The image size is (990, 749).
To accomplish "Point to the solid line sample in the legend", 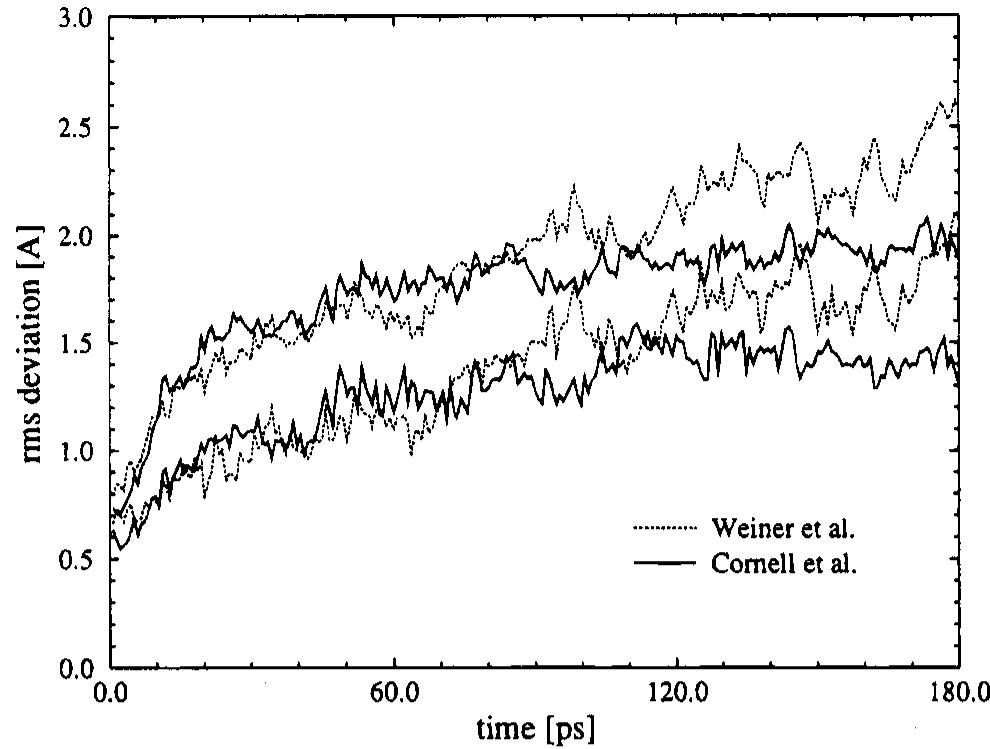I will (x=664, y=563).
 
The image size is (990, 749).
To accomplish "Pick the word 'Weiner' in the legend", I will (x=744, y=526).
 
